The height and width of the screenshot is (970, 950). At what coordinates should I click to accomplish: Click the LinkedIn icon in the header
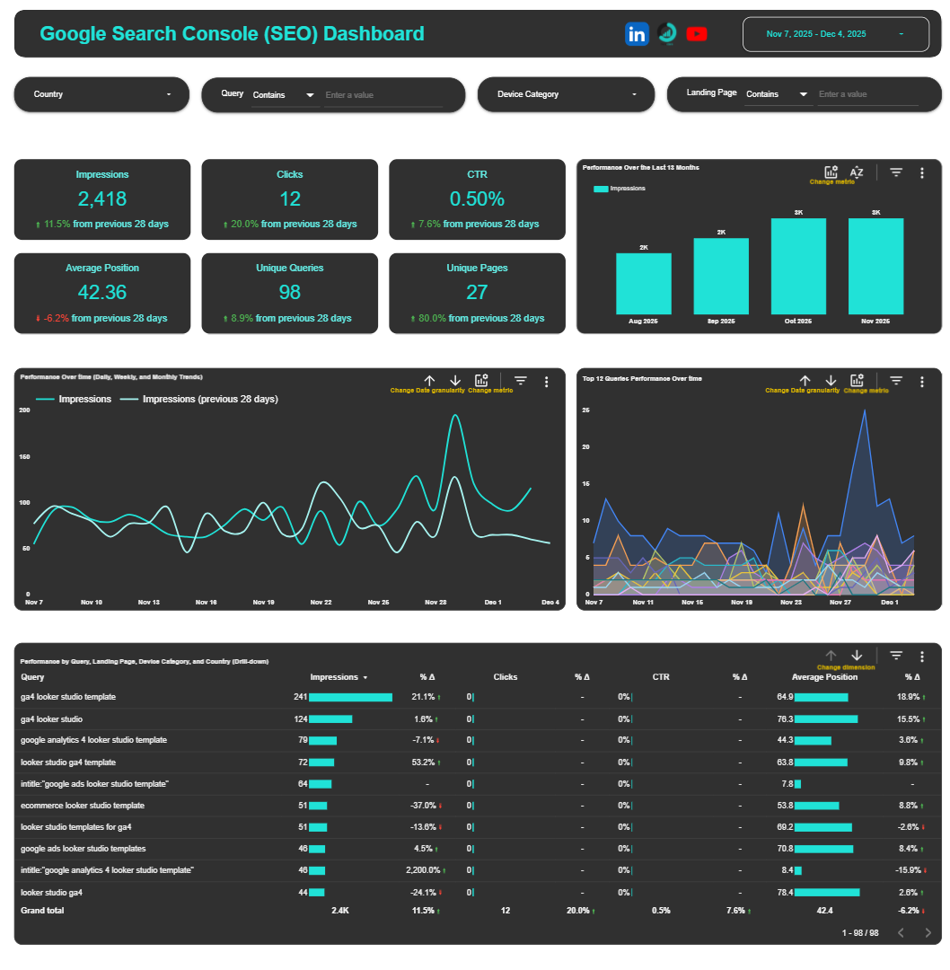[x=637, y=34]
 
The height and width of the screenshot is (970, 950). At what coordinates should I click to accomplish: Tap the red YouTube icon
[x=697, y=34]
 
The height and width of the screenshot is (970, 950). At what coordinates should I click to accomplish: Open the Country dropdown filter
[x=101, y=94]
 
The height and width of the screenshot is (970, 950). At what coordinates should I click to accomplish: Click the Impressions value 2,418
[x=101, y=198]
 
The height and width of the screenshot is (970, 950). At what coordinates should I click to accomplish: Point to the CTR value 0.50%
[x=477, y=198]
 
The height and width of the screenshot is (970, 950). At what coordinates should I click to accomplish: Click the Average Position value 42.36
[x=101, y=292]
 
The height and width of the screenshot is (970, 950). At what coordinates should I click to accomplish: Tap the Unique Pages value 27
[x=477, y=292]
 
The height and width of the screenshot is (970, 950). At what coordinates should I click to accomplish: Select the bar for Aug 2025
[x=643, y=283]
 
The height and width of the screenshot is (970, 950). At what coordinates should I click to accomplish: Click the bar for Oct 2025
[x=798, y=266]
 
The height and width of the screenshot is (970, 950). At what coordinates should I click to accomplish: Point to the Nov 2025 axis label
[x=875, y=322]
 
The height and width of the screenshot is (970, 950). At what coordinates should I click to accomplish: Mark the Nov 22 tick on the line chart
[x=321, y=603]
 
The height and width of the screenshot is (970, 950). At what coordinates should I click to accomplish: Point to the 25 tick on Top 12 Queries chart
[x=585, y=410]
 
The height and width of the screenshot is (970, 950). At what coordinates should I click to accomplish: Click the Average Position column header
[x=824, y=677]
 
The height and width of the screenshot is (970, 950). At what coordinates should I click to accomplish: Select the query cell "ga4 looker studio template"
[x=68, y=697]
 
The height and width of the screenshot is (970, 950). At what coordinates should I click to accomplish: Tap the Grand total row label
[x=42, y=911]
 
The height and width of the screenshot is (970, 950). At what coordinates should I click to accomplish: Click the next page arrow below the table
[x=928, y=933]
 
